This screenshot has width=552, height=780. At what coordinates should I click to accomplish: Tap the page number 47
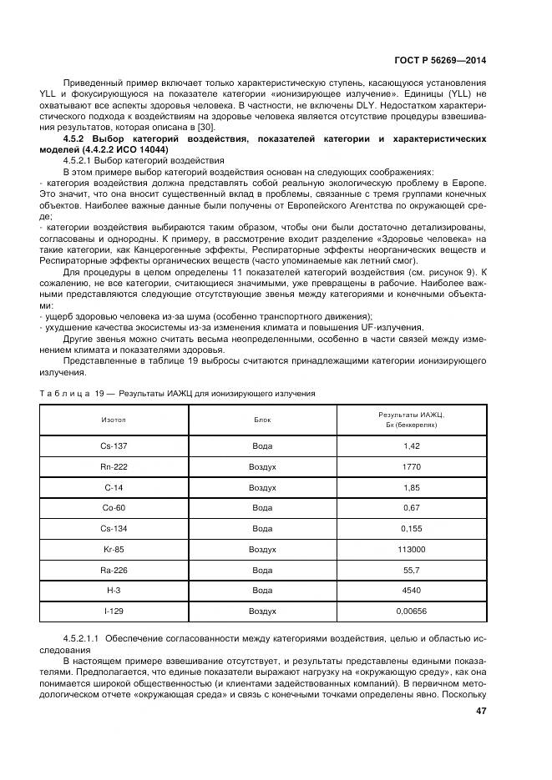pyautogui.click(x=480, y=711)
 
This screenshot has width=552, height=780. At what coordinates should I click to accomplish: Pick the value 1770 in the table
pyautogui.click(x=411, y=466)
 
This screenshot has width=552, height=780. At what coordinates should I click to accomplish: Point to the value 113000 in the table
pyautogui.click(x=411, y=550)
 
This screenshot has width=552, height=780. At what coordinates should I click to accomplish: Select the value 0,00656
pyautogui.click(x=411, y=611)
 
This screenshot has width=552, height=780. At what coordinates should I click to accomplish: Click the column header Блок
pyautogui.click(x=262, y=420)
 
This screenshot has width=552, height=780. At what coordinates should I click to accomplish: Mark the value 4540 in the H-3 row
pyautogui.click(x=411, y=591)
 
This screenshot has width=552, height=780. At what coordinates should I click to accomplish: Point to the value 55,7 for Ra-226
pyautogui.click(x=411, y=571)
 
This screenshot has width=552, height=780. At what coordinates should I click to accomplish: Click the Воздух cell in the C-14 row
pyautogui.click(x=262, y=487)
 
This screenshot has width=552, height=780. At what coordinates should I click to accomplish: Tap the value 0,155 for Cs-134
pyautogui.click(x=411, y=529)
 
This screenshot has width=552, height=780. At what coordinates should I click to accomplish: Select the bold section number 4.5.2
pyautogui.click(x=77, y=138)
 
